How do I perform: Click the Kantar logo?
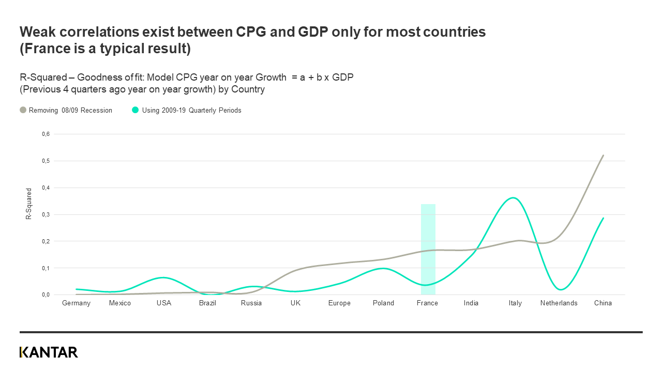(49, 352)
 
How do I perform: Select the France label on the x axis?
(427, 303)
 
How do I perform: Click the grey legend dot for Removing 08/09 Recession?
(23, 110)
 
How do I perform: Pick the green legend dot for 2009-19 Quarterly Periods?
(136, 110)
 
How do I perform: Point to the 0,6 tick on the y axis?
(46, 134)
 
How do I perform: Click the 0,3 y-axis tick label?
(46, 214)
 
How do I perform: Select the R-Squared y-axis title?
(29, 204)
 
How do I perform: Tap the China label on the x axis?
(603, 303)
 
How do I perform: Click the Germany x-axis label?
(76, 303)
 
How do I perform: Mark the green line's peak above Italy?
(513, 198)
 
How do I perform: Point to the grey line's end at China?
(603, 156)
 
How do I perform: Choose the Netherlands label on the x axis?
(559, 303)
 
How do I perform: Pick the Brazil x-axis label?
(207, 303)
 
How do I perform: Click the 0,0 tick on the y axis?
(46, 295)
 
